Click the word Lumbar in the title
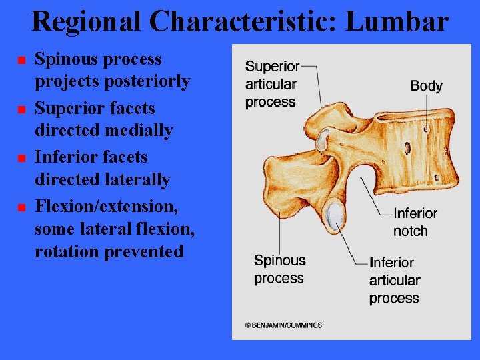pos(397,21)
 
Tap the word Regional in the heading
pos(86,21)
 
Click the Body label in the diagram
pos(426,85)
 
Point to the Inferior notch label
pos(415,222)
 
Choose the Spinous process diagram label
pos(279,269)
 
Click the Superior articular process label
pos(271,84)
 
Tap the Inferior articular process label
pos(395,280)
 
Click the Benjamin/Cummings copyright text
pos(283,325)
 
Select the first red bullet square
pos(21,61)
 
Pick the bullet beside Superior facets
pos(21,109)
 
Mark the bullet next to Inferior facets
pos(21,159)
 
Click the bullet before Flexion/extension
pos(21,208)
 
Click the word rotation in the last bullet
pos(65,252)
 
